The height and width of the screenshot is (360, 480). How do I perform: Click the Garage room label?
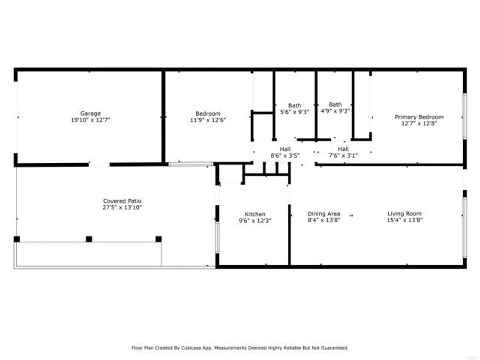(90, 113)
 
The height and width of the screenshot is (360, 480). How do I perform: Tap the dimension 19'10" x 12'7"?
(90, 120)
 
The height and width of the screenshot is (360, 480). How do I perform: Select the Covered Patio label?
(122, 201)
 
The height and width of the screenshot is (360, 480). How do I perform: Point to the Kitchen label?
(255, 214)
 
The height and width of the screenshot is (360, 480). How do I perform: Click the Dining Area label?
(324, 214)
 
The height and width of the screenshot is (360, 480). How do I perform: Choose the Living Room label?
(404, 214)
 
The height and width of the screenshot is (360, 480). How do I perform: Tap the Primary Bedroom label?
(419, 117)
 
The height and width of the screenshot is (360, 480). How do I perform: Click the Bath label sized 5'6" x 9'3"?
(295, 105)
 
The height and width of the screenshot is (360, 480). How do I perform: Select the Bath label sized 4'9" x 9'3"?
(335, 104)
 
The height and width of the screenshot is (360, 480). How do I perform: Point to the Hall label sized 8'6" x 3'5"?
(285, 149)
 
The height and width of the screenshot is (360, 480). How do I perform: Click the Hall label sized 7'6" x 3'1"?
(343, 149)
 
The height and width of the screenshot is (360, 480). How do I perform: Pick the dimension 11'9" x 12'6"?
(208, 120)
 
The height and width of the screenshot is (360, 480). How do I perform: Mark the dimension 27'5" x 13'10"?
(122, 207)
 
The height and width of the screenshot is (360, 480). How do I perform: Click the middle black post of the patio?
(89, 239)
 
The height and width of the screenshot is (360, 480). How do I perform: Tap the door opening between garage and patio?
(99, 165)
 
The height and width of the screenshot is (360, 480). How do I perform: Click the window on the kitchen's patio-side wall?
(217, 237)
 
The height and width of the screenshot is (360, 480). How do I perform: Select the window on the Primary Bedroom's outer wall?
(465, 116)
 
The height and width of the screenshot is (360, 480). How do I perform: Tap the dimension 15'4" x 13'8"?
(404, 220)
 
